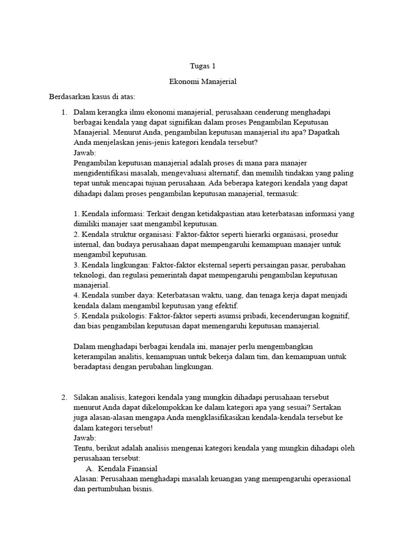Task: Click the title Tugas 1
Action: click(x=203, y=66)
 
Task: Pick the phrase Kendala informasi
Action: click(x=106, y=213)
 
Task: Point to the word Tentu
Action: click(x=83, y=448)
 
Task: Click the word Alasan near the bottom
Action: click(x=85, y=479)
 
